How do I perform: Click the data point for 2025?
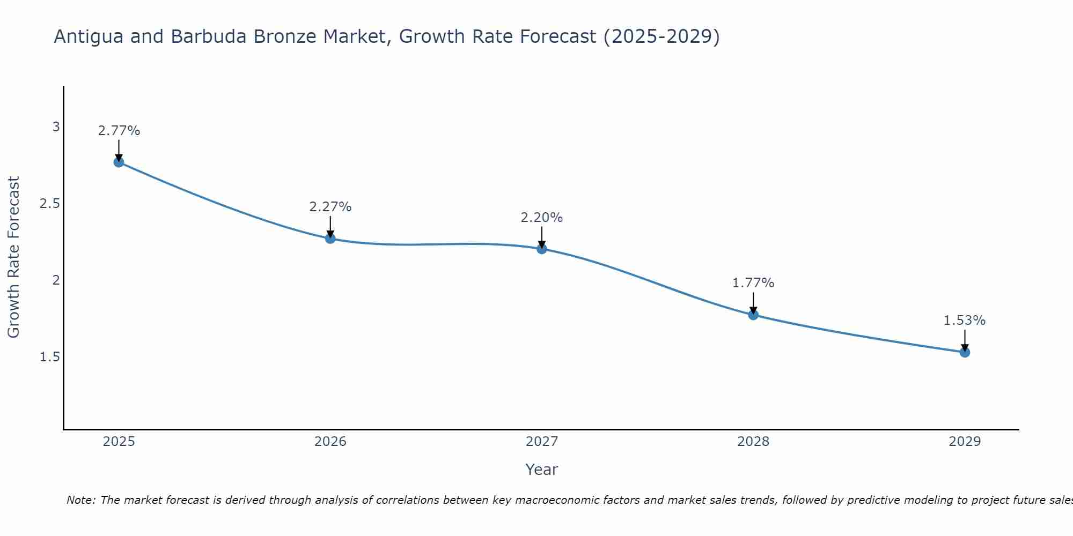click(119, 162)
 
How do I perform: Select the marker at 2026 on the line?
click(330, 239)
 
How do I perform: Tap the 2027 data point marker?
click(542, 249)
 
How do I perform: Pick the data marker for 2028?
click(753, 315)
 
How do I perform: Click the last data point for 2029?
click(965, 352)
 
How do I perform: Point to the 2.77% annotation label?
click(119, 131)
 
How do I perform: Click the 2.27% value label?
click(330, 207)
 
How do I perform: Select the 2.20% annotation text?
click(542, 218)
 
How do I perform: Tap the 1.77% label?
click(753, 283)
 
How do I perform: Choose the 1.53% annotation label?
click(965, 321)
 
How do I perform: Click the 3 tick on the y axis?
click(56, 127)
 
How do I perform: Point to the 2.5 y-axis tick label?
click(49, 204)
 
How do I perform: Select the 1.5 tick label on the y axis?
click(49, 357)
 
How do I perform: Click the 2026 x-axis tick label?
click(330, 442)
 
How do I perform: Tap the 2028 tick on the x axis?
click(753, 442)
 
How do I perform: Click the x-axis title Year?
click(542, 470)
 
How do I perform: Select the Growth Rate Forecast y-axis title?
click(14, 257)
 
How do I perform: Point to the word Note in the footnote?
click(80, 500)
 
